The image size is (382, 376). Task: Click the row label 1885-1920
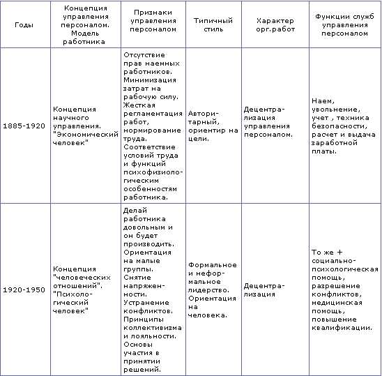(24, 126)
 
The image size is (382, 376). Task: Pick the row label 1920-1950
(24, 289)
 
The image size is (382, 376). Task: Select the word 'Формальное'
(212, 265)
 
